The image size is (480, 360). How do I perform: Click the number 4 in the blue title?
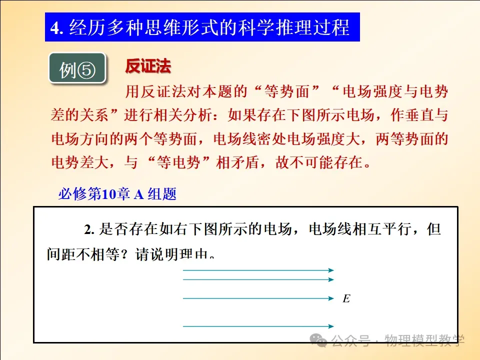[55, 28]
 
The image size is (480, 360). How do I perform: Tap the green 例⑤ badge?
[77, 68]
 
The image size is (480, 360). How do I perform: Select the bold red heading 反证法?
[148, 66]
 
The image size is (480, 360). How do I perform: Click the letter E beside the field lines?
[346, 298]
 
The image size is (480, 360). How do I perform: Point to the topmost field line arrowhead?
[331, 270]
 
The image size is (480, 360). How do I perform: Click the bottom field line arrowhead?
[331, 326]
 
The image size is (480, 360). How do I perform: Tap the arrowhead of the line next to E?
[331, 298]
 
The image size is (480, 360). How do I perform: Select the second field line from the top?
[258, 279]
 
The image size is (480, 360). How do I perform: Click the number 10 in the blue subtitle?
[108, 194]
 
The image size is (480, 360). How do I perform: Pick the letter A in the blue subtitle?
[138, 194]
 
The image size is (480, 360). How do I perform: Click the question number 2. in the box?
[89, 229]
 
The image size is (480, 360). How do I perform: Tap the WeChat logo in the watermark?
[318, 340]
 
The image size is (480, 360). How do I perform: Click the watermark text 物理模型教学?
[424, 340]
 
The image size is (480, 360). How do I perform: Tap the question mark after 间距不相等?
[124, 254]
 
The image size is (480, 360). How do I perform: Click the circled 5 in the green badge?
[86, 70]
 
